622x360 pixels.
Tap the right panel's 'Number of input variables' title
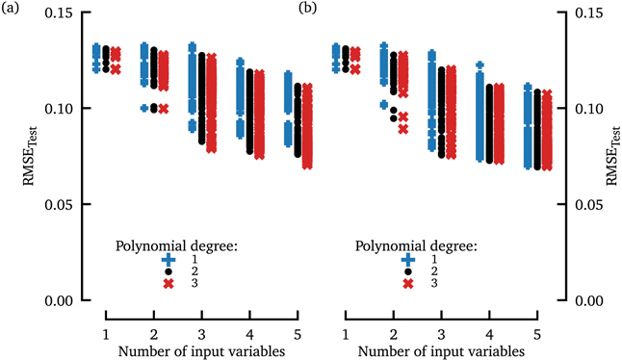(441, 351)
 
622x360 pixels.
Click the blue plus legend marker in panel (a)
(168, 259)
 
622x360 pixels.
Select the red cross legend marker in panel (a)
(168, 284)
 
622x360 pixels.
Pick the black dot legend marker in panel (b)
(409, 271)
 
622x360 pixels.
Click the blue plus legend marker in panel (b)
(409, 259)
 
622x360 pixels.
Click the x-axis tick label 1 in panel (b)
(346, 332)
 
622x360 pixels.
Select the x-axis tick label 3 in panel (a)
(200, 332)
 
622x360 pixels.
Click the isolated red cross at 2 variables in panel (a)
(163, 109)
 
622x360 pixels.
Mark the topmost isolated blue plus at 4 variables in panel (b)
(479, 65)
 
